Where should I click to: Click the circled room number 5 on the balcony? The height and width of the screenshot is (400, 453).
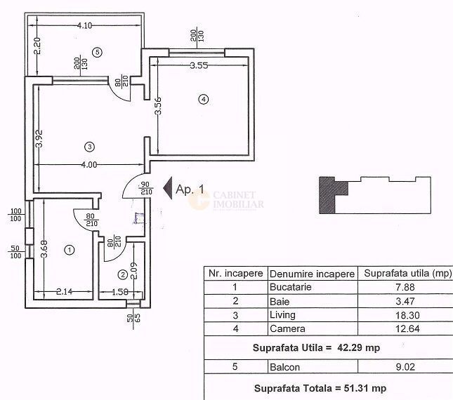[x=98, y=51]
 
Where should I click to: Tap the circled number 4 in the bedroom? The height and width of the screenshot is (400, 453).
[x=203, y=100]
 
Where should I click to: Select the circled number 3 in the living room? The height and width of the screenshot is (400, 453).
[x=88, y=147]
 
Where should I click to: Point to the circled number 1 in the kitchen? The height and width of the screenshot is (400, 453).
[x=69, y=249]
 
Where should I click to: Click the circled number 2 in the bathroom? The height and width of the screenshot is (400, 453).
[x=122, y=274]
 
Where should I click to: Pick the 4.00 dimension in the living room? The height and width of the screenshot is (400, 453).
[x=88, y=166]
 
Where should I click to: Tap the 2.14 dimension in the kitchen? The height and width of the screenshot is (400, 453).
[x=64, y=291]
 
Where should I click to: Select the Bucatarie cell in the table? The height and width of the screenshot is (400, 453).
[x=287, y=287]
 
